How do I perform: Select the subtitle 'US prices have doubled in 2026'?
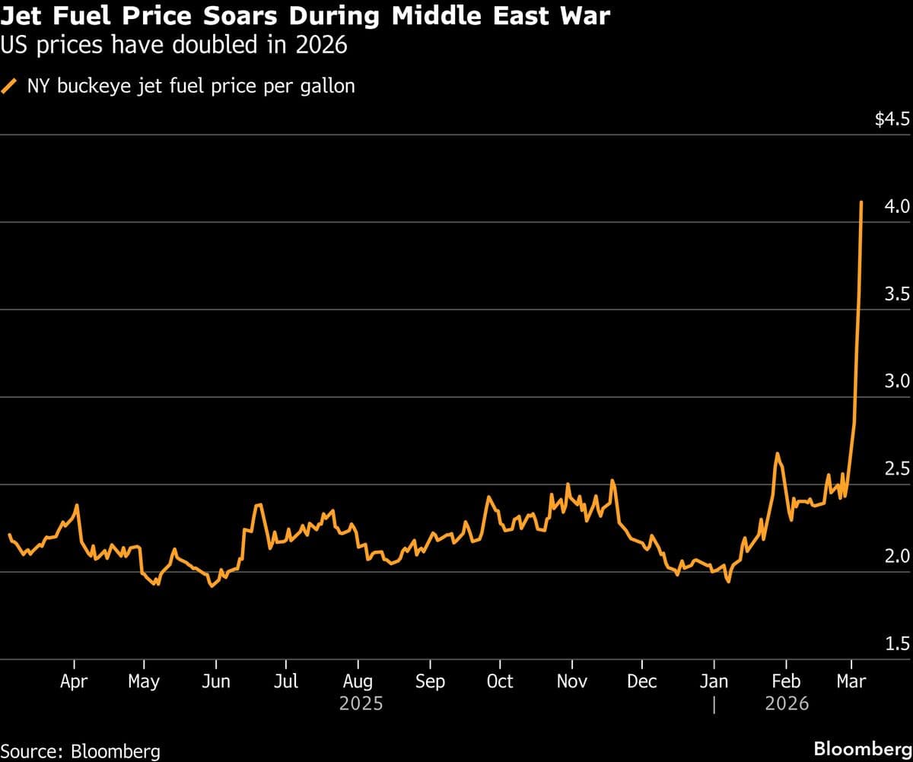[x=174, y=46]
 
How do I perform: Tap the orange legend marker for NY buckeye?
[x=10, y=86]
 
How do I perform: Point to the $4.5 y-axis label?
[x=892, y=119]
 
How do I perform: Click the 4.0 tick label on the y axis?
[x=898, y=207]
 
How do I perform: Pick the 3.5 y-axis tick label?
[x=898, y=294]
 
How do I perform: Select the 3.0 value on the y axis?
[x=898, y=382]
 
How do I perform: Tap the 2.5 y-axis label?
[x=898, y=469]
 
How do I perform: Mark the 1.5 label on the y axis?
[x=898, y=644]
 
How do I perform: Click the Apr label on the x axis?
[x=75, y=681]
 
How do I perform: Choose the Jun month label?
[x=216, y=681]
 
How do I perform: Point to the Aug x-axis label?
[x=358, y=681]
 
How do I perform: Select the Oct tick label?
[x=500, y=681]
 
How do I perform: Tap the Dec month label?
[x=641, y=681]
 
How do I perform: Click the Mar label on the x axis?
[x=851, y=681]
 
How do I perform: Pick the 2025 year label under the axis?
[x=361, y=704]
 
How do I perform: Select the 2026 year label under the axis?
[x=787, y=704]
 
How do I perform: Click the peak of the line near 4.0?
[x=861, y=202]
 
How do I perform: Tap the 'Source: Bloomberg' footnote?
[x=81, y=751]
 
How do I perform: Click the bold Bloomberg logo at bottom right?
[x=862, y=748]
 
